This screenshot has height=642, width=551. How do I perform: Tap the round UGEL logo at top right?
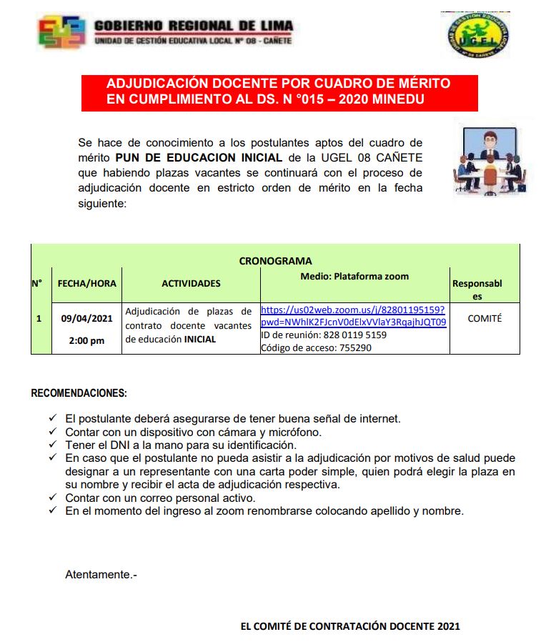(478, 35)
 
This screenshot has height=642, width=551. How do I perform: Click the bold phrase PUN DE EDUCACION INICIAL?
(199, 157)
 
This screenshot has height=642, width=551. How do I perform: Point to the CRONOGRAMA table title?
(275, 261)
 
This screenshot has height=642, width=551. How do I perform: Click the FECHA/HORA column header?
(86, 283)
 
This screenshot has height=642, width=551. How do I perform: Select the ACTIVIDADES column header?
(191, 283)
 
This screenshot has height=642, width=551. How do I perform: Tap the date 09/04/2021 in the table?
(86, 318)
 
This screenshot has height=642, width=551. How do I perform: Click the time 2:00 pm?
(86, 340)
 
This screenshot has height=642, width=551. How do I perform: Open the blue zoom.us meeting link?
(353, 316)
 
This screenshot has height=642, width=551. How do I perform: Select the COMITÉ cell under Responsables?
(485, 318)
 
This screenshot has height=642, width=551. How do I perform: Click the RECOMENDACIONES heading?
(79, 393)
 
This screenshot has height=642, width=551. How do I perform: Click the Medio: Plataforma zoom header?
(354, 276)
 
